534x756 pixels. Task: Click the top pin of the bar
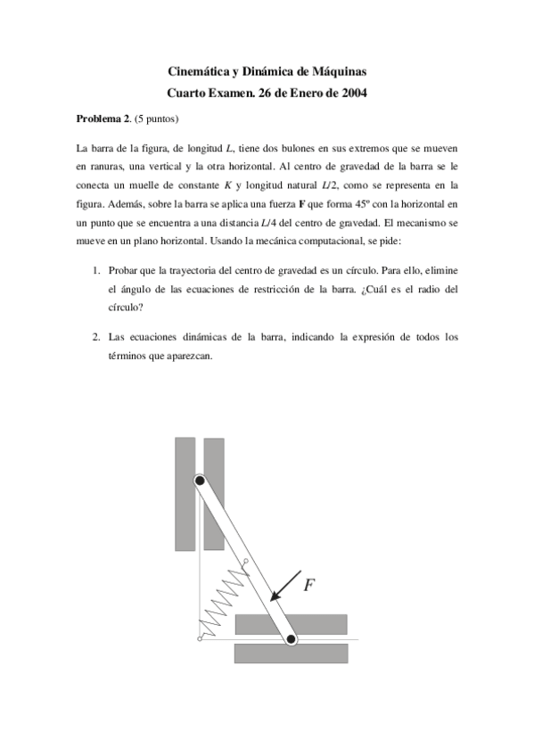tap(201, 481)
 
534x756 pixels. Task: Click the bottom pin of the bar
tap(291, 638)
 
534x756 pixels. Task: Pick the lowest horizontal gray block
tap(291, 653)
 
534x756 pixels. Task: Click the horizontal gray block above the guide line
tap(291, 623)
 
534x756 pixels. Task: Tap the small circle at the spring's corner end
tap(199, 638)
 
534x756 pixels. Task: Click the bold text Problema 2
tap(103, 119)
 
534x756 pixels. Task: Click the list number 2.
tap(96, 337)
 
